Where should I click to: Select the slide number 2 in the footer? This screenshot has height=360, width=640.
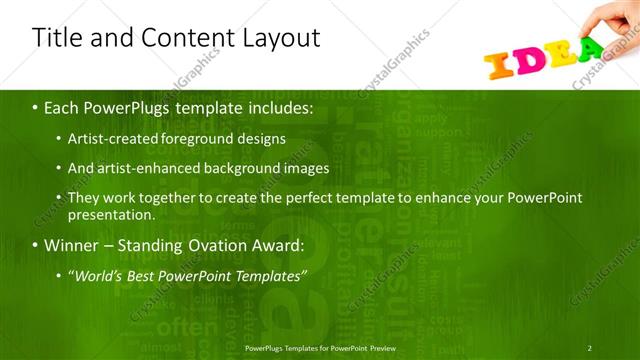click(x=590, y=348)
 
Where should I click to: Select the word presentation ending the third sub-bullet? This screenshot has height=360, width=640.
click(x=111, y=214)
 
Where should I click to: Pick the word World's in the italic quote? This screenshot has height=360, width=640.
click(x=98, y=275)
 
